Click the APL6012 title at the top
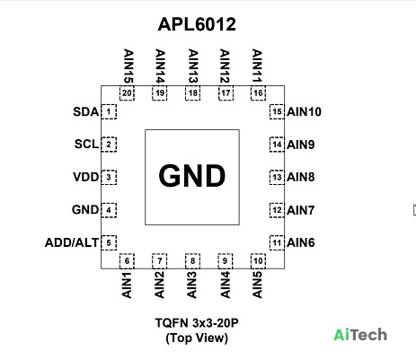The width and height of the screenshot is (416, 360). click(x=197, y=24)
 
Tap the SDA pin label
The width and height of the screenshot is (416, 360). click(x=86, y=111)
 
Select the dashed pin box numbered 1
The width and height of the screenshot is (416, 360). click(x=109, y=111)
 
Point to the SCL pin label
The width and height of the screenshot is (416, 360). click(x=86, y=144)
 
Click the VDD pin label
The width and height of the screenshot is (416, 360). click(x=85, y=177)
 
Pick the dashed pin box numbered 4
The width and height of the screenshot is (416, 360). click(x=109, y=210)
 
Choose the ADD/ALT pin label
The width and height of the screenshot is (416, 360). click(x=72, y=242)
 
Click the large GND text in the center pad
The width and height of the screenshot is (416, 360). click(x=192, y=176)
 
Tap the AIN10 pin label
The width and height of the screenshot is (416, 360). click(x=304, y=111)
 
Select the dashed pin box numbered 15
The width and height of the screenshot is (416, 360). click(x=277, y=111)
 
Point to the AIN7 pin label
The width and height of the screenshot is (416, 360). click(x=301, y=210)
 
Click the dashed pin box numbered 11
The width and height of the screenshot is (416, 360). click(x=277, y=242)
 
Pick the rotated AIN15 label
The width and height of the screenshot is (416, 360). click(x=128, y=66)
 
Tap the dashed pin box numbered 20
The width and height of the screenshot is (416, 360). click(x=127, y=93)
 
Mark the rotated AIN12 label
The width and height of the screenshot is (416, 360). click(x=225, y=66)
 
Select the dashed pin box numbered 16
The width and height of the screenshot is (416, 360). click(x=258, y=93)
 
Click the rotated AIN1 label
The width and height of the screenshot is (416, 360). click(x=127, y=285)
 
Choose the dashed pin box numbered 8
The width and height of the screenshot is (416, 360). click(x=192, y=261)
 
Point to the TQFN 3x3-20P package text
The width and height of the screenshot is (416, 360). click(x=197, y=323)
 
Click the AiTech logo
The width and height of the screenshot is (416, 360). click(x=360, y=335)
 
